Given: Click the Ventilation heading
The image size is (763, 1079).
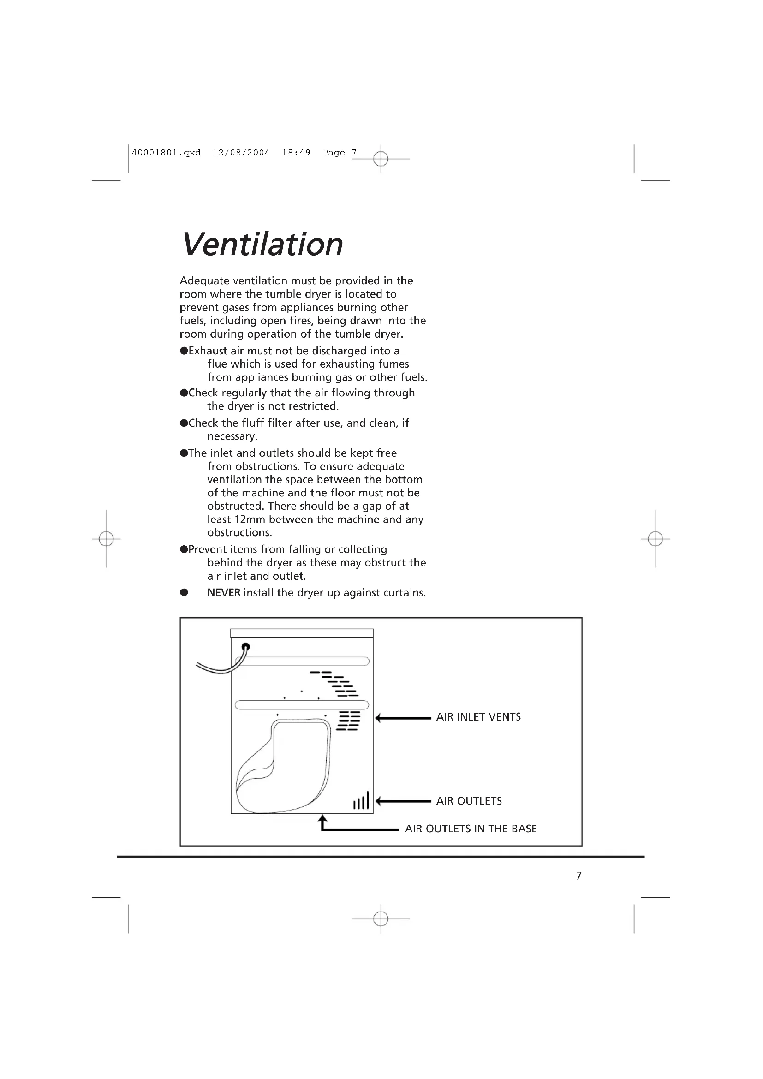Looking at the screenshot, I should tap(262, 244).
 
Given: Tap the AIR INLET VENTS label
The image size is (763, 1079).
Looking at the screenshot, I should tap(478, 717).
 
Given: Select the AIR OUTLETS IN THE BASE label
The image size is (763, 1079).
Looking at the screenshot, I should tap(471, 829).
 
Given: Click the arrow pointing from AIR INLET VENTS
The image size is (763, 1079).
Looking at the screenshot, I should tap(403, 718).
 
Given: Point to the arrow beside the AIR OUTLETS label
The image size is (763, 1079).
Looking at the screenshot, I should tap(403, 801).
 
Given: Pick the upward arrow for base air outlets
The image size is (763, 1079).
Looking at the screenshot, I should tap(323, 823).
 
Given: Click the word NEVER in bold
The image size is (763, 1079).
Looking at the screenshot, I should tap(224, 593).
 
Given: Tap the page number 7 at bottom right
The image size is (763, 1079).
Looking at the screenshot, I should tap(579, 876).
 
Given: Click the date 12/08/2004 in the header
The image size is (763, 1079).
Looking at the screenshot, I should tap(241, 153).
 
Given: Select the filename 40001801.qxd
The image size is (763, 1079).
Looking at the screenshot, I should tap(167, 153).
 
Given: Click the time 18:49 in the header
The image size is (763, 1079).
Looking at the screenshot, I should tap(296, 153).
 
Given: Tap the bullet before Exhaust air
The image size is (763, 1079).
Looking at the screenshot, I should tap(184, 351).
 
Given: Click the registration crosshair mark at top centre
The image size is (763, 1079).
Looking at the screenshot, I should tap(381, 159).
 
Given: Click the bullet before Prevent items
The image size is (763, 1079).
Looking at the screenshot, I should tap(184, 550).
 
